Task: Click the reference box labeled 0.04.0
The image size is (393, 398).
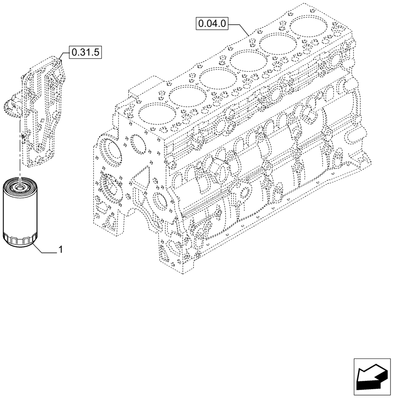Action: point(212,24)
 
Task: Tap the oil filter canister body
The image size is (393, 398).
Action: point(19,211)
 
